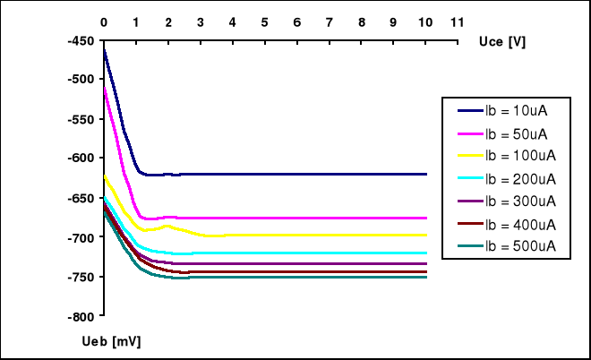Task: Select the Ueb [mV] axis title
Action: click(116, 341)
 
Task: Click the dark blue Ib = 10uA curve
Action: click(269, 174)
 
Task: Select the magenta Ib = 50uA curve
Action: click(269, 218)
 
